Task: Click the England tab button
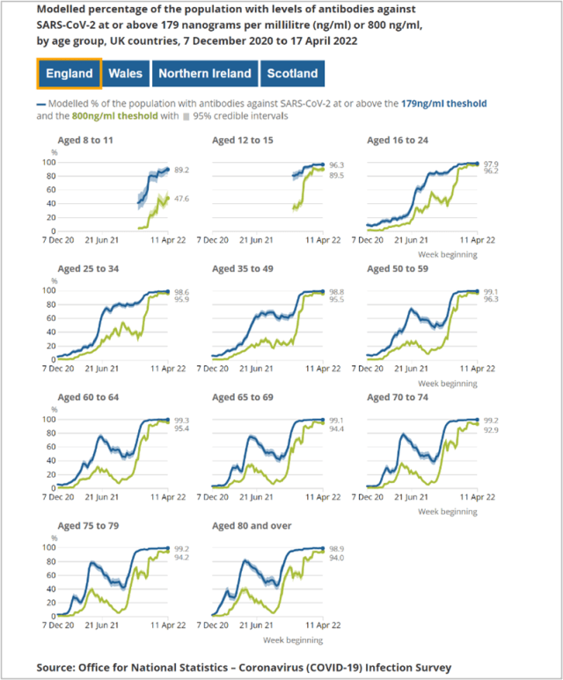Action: coord(69,74)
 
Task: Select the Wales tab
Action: coord(126,74)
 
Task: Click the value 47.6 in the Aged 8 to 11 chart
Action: coord(183,199)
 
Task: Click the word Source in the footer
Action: coord(60,668)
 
